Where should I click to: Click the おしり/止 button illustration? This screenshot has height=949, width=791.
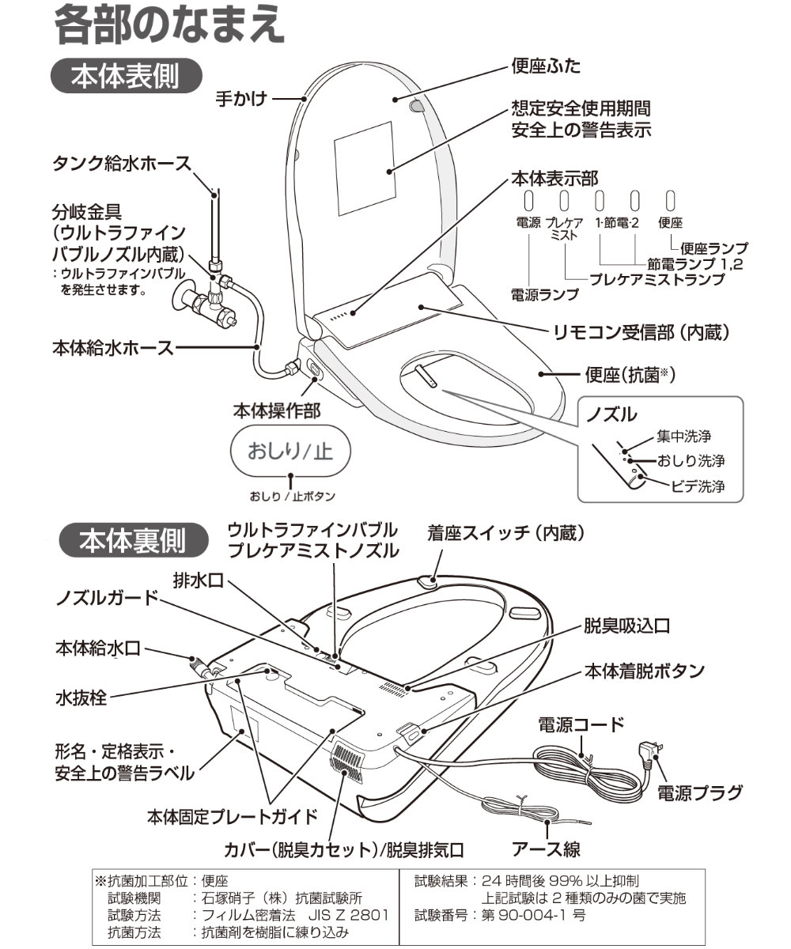pyautogui.click(x=290, y=452)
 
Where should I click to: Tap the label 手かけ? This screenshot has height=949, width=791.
pyautogui.click(x=241, y=99)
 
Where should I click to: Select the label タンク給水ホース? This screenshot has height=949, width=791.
pyautogui.click(x=122, y=164)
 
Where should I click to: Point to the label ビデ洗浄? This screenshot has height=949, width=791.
pyautogui.click(x=698, y=486)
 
